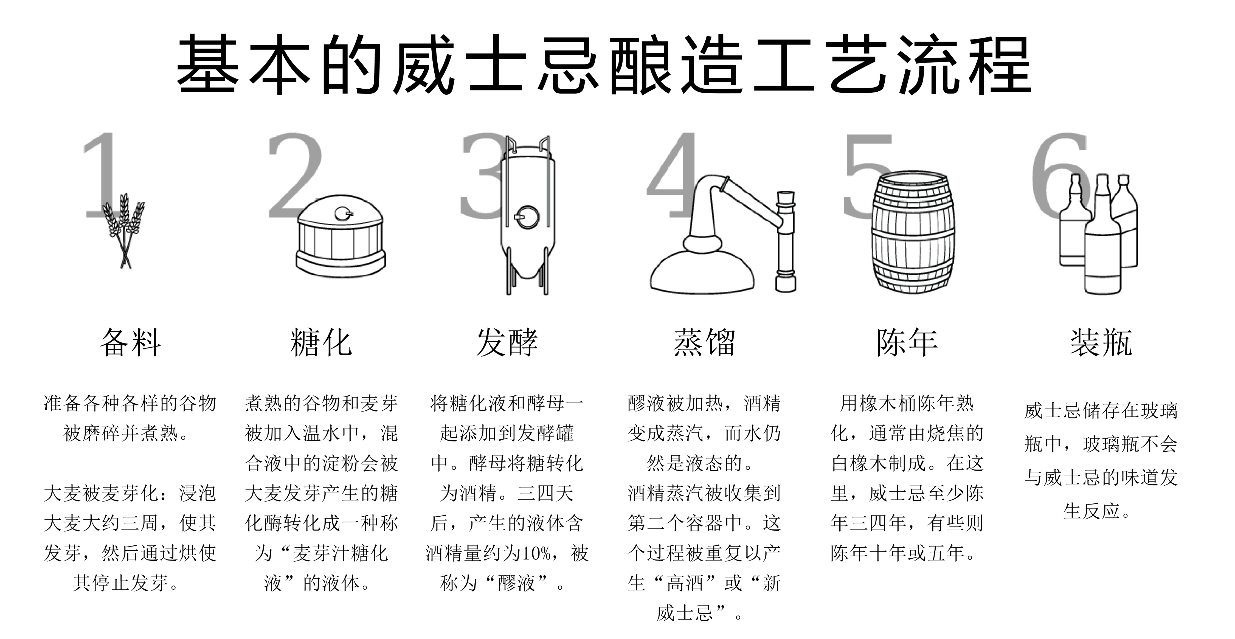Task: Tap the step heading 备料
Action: pyautogui.click(x=130, y=343)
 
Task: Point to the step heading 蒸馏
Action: pyautogui.click(x=704, y=343)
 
